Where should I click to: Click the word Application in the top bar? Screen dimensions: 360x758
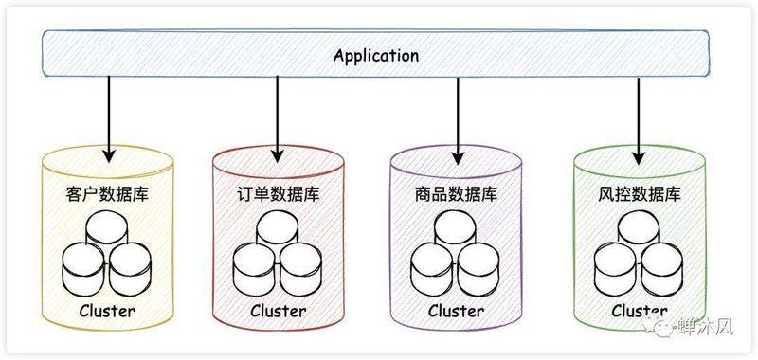[376, 55]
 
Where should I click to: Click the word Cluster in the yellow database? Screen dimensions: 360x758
[107, 311]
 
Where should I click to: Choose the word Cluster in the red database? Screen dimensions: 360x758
[278, 311]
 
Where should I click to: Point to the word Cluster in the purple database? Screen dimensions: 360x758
[456, 311]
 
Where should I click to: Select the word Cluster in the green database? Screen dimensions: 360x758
[639, 311]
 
